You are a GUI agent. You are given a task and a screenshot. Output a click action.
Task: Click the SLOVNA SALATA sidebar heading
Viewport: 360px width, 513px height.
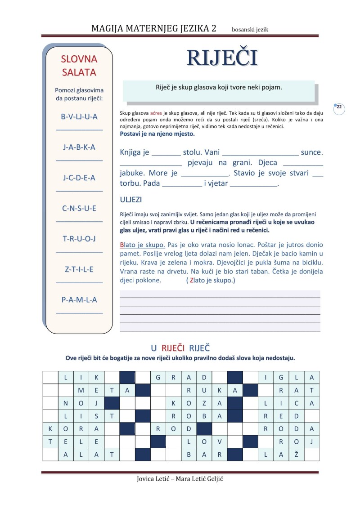pos(79,65)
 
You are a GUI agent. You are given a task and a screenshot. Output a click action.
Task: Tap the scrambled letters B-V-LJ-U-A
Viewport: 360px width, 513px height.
pos(79,116)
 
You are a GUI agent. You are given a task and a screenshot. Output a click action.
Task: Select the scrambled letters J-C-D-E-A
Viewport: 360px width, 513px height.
pos(79,178)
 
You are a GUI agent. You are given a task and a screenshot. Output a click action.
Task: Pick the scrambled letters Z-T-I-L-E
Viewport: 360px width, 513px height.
pos(79,269)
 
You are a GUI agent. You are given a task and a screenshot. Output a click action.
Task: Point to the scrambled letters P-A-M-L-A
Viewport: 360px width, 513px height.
pos(79,299)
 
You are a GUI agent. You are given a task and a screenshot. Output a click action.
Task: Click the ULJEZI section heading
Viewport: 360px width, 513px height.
pos(131,200)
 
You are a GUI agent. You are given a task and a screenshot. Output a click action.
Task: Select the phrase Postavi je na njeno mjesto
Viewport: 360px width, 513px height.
pos(157,134)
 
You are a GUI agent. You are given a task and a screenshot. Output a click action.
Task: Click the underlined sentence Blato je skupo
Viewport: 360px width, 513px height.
pos(143,245)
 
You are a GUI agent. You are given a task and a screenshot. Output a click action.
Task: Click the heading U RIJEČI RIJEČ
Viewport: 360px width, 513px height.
pos(180,348)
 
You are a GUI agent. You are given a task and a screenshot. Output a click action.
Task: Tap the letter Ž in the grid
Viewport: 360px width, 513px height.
pos(296,455)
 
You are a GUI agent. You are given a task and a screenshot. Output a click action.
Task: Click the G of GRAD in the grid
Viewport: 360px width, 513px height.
pos(158,377)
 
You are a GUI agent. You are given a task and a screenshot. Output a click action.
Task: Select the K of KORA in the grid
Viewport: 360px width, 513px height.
pos(50,428)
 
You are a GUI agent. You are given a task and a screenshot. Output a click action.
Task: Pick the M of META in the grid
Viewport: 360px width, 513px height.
pos(81,390)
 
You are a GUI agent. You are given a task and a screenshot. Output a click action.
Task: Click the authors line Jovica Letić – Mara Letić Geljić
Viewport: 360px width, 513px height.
pos(180,479)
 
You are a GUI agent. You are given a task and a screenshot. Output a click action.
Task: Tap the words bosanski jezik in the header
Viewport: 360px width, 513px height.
pos(250,30)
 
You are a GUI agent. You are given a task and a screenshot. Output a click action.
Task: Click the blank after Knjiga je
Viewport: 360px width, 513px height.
pos(166,153)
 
